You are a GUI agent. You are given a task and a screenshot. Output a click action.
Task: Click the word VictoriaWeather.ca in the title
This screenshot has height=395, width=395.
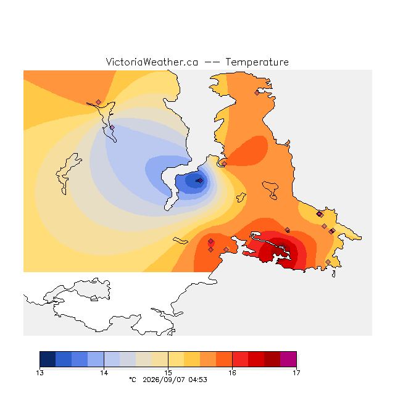coord(152,62)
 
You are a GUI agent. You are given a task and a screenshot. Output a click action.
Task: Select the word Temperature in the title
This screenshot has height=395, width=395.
coord(257,62)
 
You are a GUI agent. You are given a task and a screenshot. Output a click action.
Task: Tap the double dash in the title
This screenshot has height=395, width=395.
coord(212,62)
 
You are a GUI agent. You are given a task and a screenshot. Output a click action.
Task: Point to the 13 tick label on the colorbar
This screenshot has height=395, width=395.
coord(39,373)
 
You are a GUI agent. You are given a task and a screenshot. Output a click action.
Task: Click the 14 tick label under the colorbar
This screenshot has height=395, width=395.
coord(104,373)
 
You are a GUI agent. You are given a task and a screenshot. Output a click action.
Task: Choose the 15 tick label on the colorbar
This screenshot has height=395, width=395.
coord(168,373)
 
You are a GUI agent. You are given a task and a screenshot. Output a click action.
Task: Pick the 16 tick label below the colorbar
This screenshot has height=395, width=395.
coord(232,373)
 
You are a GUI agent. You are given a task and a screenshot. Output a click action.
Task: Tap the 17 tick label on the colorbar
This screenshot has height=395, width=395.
coord(296,373)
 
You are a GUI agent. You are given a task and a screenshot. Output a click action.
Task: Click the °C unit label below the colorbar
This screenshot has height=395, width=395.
coord(133,380)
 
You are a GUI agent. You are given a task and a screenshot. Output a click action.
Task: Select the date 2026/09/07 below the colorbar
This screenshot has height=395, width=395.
coord(164,380)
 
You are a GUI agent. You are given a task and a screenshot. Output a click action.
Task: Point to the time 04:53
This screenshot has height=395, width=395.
coord(197,380)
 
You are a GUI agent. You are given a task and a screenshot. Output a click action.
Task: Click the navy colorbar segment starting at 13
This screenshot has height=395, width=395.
coord(48,359)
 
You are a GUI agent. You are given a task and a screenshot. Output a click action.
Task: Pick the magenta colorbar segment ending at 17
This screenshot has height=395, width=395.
coord(288,359)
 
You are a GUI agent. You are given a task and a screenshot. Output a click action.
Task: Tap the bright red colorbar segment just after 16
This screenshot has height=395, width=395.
coord(240,359)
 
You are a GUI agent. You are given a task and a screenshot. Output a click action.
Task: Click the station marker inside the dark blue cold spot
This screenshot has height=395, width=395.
coord(200,180)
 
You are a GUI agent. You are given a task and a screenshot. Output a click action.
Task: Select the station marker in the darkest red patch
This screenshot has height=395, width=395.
coord(283,247)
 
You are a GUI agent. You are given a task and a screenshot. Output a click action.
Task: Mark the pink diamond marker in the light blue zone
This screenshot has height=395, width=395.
coord(112,128)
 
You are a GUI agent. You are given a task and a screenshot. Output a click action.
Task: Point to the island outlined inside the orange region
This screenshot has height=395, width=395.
coord(270,189)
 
